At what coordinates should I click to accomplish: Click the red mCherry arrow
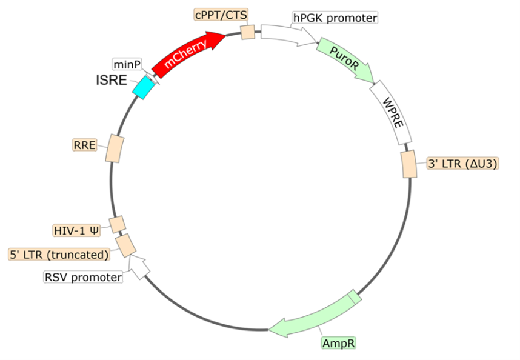[x=188, y=52]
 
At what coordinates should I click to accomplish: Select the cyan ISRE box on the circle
[x=142, y=87]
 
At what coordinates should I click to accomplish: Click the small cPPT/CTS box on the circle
[x=248, y=32]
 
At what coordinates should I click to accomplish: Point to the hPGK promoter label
[x=335, y=18]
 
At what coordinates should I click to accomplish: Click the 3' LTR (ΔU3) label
[x=463, y=164]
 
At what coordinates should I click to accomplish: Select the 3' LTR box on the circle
[x=409, y=164]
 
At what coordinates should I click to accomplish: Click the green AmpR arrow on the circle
[x=315, y=315]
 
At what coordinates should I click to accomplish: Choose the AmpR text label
[x=338, y=343]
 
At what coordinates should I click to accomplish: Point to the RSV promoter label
[x=83, y=277]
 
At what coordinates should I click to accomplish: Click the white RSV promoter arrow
[x=140, y=267]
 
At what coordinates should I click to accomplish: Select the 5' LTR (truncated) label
[x=60, y=254]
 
